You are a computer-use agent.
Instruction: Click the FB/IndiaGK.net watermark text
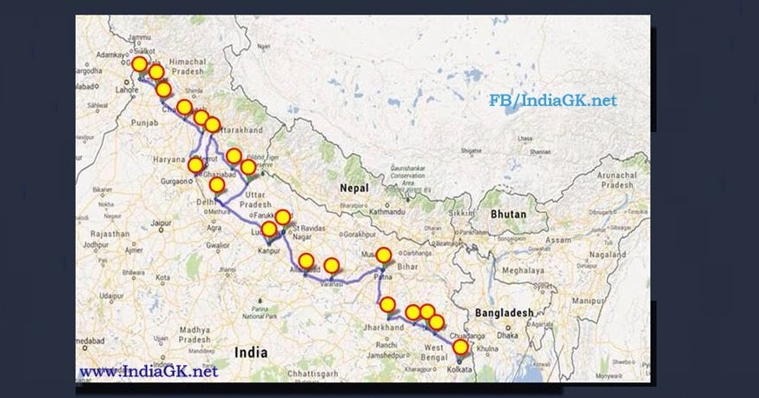[x=552, y=101]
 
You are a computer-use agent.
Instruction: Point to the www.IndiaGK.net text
[x=148, y=372]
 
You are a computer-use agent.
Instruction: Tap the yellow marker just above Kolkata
[x=461, y=348]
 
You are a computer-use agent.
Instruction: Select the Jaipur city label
[x=158, y=223]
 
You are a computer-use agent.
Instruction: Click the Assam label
[x=558, y=237]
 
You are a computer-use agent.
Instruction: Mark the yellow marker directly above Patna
[x=383, y=255]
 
